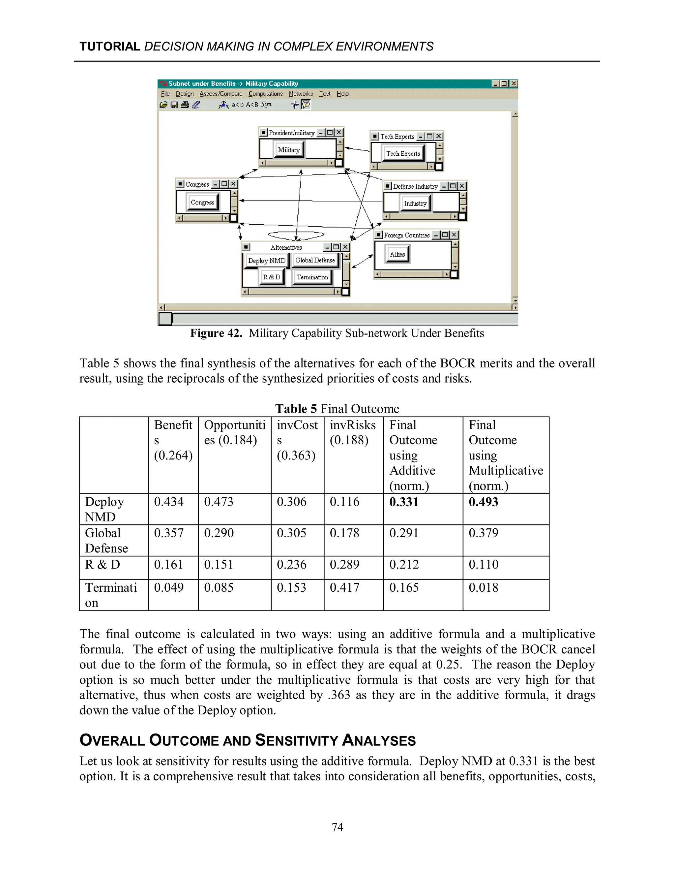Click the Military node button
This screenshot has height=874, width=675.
tap(289, 150)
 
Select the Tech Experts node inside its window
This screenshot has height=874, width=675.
tap(403, 153)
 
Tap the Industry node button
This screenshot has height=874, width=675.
tap(415, 203)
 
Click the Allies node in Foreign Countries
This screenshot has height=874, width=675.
tap(397, 254)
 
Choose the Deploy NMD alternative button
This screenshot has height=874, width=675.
tap(266, 261)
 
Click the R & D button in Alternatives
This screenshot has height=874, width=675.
tap(272, 277)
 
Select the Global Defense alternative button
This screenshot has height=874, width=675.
tap(315, 260)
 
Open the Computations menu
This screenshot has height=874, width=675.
tap(266, 94)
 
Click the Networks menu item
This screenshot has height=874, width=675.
tap(301, 94)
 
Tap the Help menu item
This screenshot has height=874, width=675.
tap(342, 94)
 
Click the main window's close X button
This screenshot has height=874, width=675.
tap(514, 84)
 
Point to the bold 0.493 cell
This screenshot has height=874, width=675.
tap(483, 502)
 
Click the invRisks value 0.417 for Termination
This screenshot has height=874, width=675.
tap(344, 587)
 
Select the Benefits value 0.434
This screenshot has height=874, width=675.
tap(169, 502)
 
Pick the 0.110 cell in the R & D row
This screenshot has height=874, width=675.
tap(483, 564)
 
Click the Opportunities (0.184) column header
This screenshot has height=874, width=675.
tap(234, 432)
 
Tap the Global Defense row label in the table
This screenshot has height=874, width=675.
tap(106, 540)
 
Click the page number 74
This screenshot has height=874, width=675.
tap(337, 827)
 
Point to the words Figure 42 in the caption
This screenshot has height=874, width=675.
tap(216, 333)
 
